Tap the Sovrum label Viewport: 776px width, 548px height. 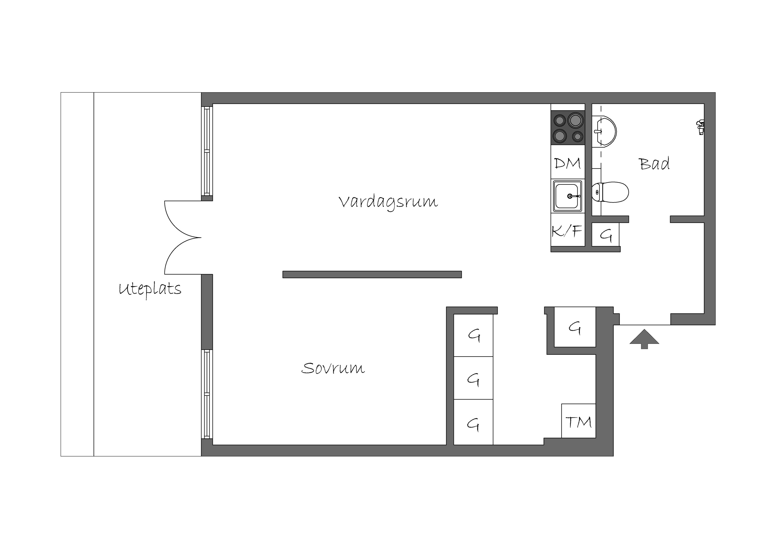click(x=333, y=368)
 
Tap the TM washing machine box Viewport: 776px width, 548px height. click(x=578, y=421)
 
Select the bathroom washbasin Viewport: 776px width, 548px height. click(x=604, y=131)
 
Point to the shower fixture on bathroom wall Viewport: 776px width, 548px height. click(x=700, y=127)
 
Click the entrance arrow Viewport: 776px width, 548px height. click(x=644, y=339)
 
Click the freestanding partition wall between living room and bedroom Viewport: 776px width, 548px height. click(x=372, y=274)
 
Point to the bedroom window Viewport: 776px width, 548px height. click(x=207, y=394)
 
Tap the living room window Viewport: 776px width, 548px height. click(x=207, y=151)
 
